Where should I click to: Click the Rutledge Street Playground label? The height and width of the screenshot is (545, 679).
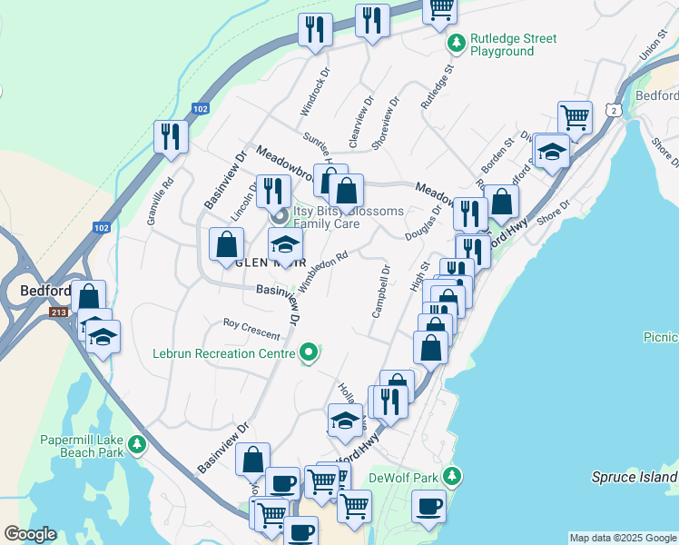(x=513, y=45)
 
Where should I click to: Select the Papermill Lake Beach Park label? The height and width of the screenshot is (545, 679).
(x=82, y=445)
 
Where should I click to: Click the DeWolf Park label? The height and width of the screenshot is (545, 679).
(x=403, y=477)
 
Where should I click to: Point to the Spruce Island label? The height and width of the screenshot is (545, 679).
(x=635, y=477)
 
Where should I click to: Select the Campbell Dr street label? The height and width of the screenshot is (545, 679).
(x=380, y=292)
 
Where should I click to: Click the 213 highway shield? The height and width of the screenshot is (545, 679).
(x=59, y=312)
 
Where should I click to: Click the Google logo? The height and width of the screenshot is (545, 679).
(x=30, y=535)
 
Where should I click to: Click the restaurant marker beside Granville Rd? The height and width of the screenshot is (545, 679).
(x=171, y=136)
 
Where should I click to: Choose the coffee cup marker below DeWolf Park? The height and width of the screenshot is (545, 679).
(x=428, y=505)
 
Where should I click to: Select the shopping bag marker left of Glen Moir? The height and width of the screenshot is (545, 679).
(x=226, y=244)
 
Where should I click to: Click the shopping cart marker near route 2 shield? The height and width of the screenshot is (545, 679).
(x=575, y=116)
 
